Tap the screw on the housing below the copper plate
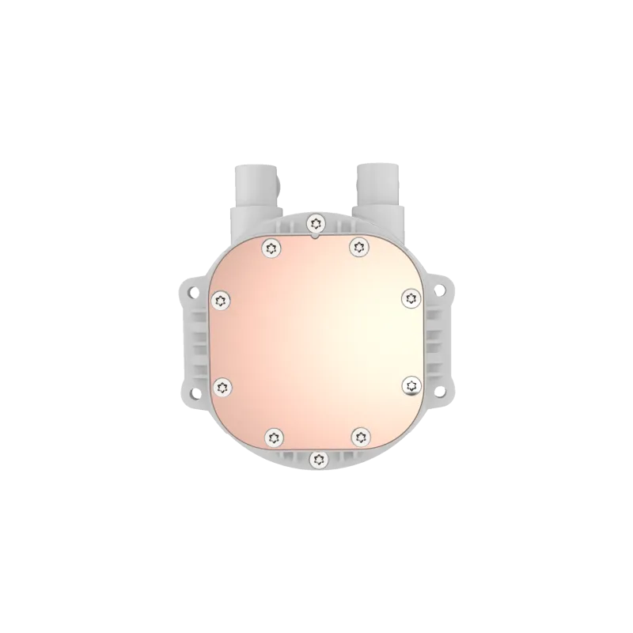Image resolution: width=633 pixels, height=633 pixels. pos(317,458)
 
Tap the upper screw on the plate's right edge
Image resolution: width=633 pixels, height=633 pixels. pos(410,298)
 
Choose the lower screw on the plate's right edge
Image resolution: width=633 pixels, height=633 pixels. pos(411,385)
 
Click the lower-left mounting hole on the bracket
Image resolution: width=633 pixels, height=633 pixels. pos(191,390)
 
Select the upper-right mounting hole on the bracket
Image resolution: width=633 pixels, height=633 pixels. pos(442,291)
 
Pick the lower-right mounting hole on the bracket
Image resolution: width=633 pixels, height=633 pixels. pos(442,390)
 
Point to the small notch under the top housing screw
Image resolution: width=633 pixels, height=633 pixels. pos(316,234)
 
